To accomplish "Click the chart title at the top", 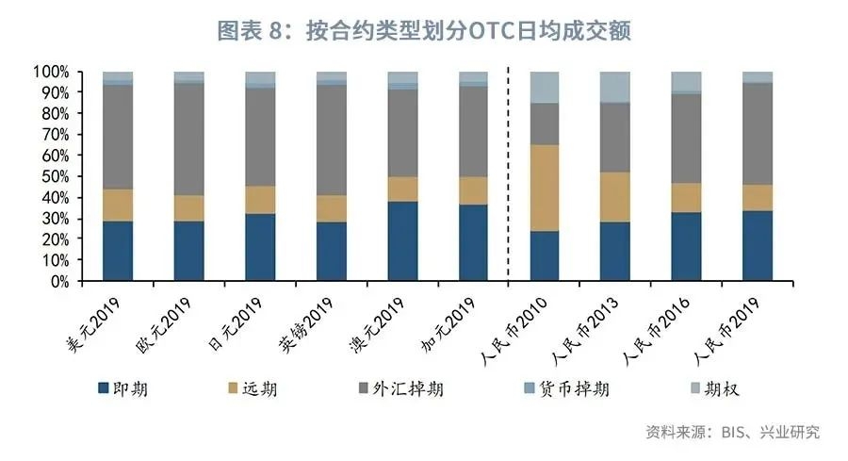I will click(424, 30).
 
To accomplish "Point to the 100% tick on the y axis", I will click(51, 72).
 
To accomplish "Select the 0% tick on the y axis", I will click(58, 281).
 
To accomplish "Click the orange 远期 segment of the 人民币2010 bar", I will click(545, 188).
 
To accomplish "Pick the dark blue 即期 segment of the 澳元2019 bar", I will click(402, 241).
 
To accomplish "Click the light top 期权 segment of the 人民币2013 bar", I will click(615, 87).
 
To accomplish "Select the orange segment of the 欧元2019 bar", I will click(189, 208).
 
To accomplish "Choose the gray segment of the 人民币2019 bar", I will click(758, 133).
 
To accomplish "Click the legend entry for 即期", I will click(122, 387).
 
